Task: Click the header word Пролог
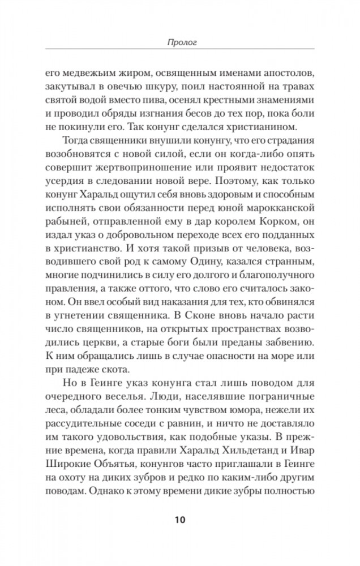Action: pyautogui.click(x=179, y=41)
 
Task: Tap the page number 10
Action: pyautogui.click(x=179, y=520)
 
